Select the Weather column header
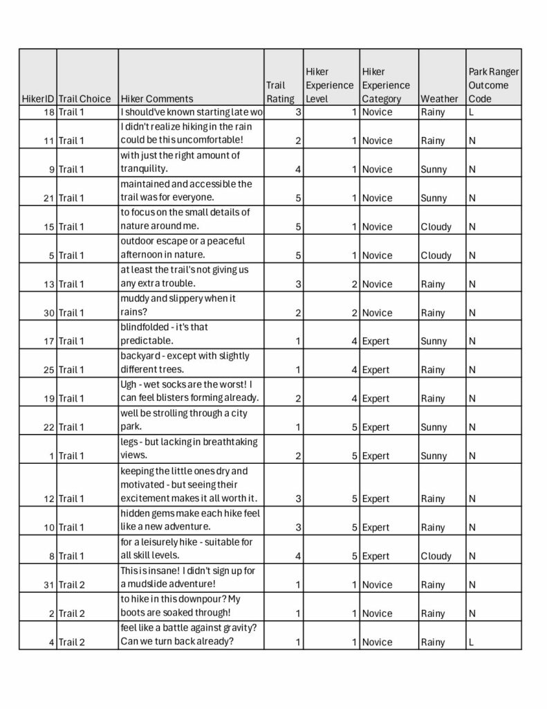point(438,98)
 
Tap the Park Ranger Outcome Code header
point(493,85)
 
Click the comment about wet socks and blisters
point(189,391)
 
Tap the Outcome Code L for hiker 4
point(472,642)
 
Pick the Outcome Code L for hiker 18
point(472,111)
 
